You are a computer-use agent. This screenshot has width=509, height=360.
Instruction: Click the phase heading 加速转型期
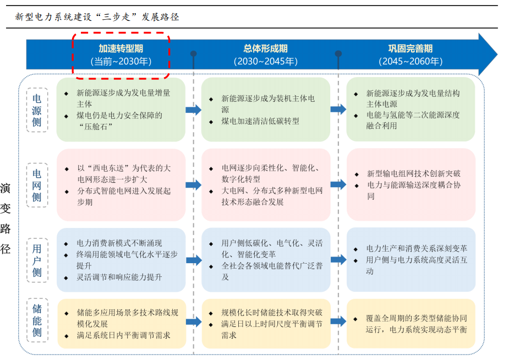(121, 48)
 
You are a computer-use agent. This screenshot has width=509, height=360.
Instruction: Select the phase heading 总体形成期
(266, 48)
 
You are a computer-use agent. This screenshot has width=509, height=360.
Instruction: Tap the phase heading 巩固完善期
(411, 48)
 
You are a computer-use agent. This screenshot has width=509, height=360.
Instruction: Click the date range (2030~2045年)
(266, 61)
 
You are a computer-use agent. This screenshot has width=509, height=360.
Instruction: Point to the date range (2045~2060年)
(411, 61)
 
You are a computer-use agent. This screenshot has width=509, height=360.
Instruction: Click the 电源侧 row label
(37, 111)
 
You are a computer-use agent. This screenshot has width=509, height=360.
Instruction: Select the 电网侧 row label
(37, 186)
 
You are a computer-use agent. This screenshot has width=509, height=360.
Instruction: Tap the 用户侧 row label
(37, 260)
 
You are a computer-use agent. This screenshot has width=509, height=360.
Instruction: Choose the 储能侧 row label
(37, 320)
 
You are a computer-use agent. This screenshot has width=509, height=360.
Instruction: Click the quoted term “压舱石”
(96, 127)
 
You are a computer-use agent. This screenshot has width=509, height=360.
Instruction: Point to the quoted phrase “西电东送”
(108, 168)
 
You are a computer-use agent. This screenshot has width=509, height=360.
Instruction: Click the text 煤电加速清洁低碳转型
(260, 121)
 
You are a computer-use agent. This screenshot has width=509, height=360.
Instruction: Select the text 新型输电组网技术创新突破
(414, 174)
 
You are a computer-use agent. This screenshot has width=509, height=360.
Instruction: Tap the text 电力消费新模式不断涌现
(119, 243)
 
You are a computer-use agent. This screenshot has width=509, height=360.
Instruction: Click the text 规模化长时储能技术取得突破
(272, 313)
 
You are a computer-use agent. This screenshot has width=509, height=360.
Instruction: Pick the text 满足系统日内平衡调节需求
(123, 335)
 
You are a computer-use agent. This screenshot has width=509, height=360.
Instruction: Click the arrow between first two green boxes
(194, 110)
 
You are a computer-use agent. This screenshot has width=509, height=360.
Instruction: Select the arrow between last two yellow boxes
(338, 321)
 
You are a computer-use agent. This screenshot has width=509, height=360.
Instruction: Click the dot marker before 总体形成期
(194, 53)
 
